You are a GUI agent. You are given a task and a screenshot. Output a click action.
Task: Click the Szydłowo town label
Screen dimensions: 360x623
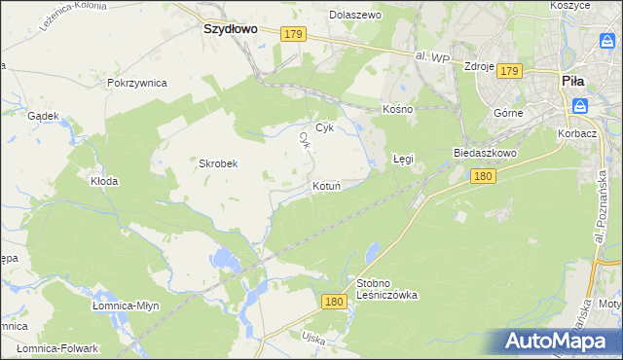[230, 29]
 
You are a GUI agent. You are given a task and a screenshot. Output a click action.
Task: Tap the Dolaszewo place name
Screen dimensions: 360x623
[355, 16]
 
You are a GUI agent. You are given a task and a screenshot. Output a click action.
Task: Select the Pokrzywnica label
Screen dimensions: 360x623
[138, 83]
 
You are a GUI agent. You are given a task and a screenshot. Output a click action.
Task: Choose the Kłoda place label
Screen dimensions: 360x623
[104, 181]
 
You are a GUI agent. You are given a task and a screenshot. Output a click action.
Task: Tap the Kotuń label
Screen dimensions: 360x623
[325, 185]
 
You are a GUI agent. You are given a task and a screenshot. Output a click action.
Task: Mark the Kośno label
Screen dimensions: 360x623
[398, 109]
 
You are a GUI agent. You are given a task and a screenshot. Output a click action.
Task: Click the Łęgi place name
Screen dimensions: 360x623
[403, 157]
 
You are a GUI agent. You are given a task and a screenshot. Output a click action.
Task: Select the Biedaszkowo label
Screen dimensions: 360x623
[484, 154]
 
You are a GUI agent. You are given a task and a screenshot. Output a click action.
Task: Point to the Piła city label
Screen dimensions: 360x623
[572, 83]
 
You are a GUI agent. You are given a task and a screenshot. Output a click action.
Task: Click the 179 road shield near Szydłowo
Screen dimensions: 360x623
[294, 35]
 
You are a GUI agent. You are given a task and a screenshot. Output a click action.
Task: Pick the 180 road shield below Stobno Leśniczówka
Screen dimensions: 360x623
[334, 303]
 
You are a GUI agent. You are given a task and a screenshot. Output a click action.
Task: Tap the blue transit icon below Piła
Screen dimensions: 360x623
[580, 106]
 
